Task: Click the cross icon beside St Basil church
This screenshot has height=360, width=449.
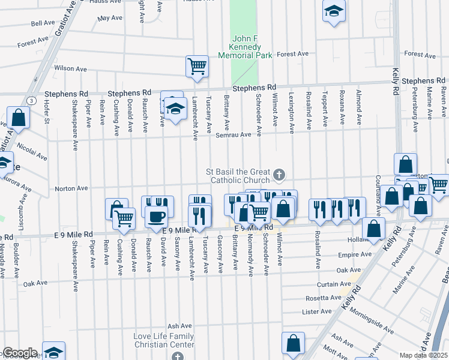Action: coord(279,175)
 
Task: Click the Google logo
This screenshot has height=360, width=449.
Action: coord(19,353)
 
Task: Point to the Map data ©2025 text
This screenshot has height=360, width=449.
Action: coord(424,355)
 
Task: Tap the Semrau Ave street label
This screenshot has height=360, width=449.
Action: coord(237,134)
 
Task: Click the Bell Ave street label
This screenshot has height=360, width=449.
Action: coord(43,23)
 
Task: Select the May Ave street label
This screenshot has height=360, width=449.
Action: coord(109,18)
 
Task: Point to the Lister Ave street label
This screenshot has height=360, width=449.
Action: coord(317,311)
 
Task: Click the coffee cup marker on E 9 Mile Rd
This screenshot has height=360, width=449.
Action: coord(157,217)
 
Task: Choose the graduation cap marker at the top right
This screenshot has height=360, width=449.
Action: coord(334,11)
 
